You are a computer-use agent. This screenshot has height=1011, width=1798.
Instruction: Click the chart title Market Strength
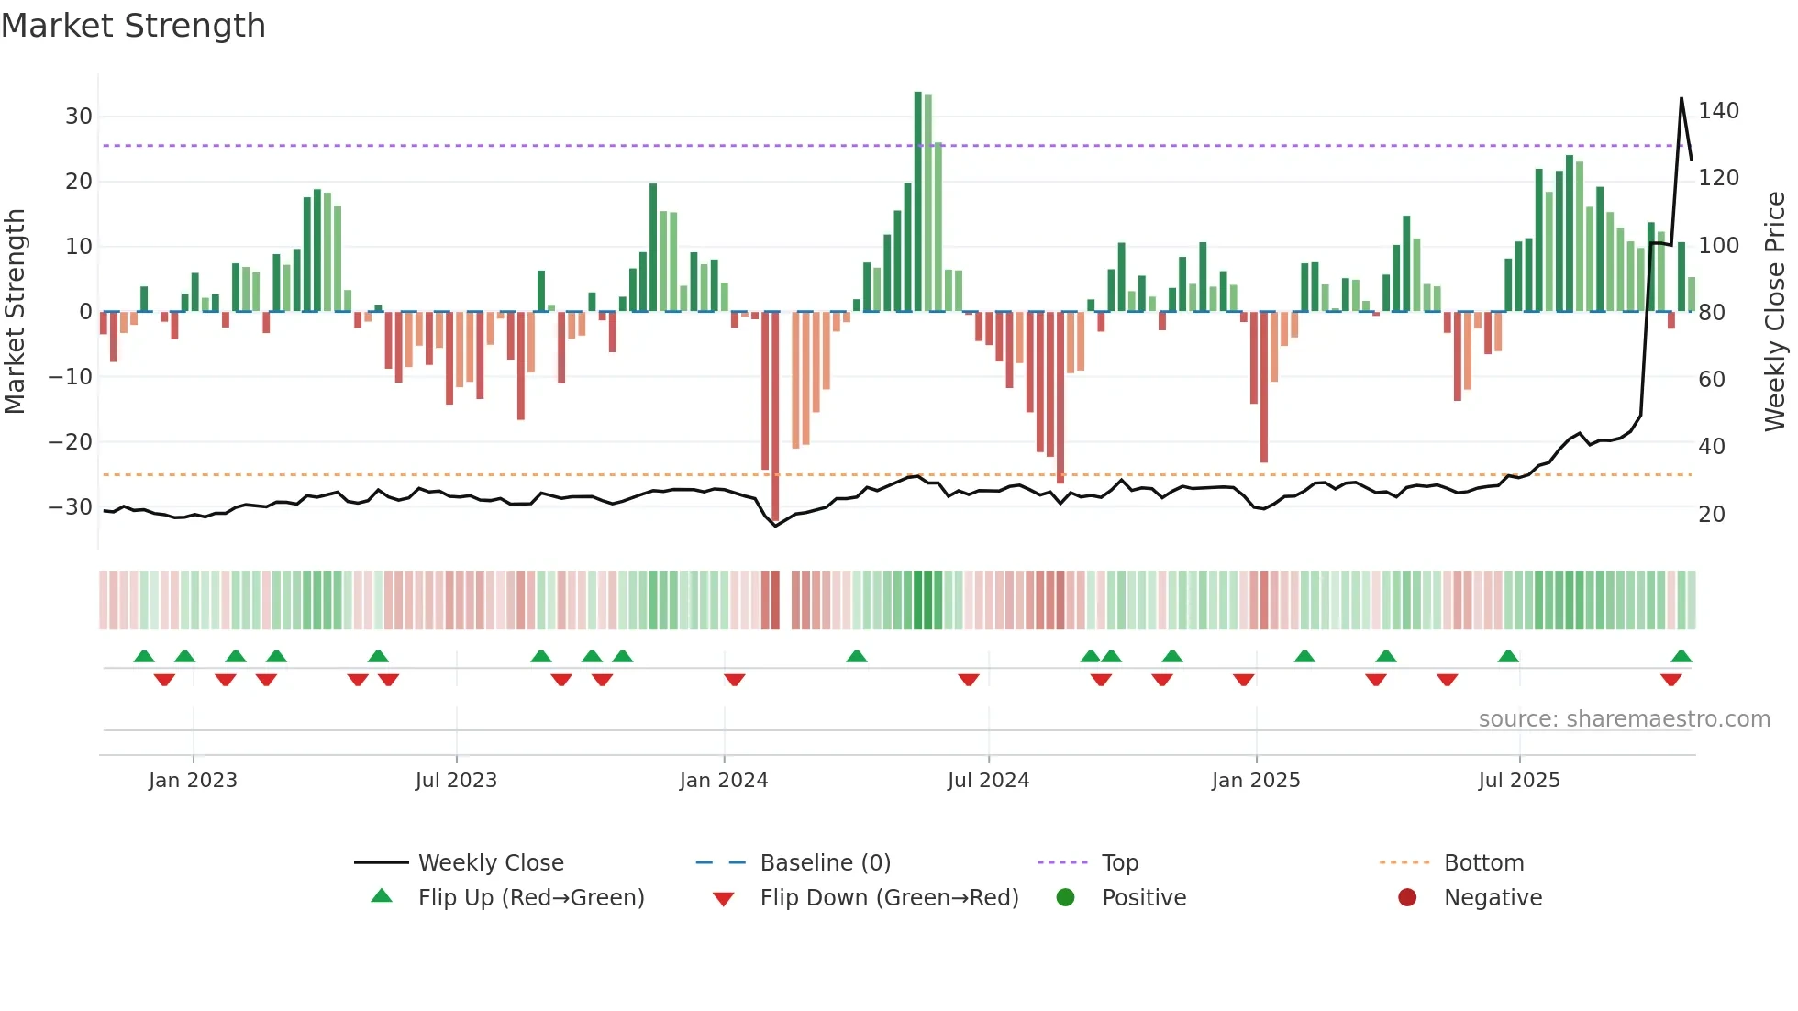(133, 26)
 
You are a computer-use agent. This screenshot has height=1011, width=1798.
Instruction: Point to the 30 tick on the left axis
(79, 117)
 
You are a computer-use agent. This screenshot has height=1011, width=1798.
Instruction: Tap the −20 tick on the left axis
(71, 442)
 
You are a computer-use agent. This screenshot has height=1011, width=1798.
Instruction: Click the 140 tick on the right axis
(1718, 111)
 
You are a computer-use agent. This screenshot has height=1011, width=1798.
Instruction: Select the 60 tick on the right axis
(1712, 380)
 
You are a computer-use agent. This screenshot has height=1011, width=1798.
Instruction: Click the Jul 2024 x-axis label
(988, 781)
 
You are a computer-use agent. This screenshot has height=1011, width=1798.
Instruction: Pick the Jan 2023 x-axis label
(193, 781)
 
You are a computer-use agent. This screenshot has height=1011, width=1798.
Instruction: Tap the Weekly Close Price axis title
(1775, 312)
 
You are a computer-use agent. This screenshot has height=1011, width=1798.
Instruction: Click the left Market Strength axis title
(15, 312)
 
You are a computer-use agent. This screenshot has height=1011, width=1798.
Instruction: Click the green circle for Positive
(1065, 898)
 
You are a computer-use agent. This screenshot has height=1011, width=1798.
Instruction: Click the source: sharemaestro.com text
(1624, 719)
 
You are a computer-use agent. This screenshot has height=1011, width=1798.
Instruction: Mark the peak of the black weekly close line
(1681, 98)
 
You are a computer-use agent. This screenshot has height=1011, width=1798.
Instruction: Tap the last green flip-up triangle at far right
(1681, 657)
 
